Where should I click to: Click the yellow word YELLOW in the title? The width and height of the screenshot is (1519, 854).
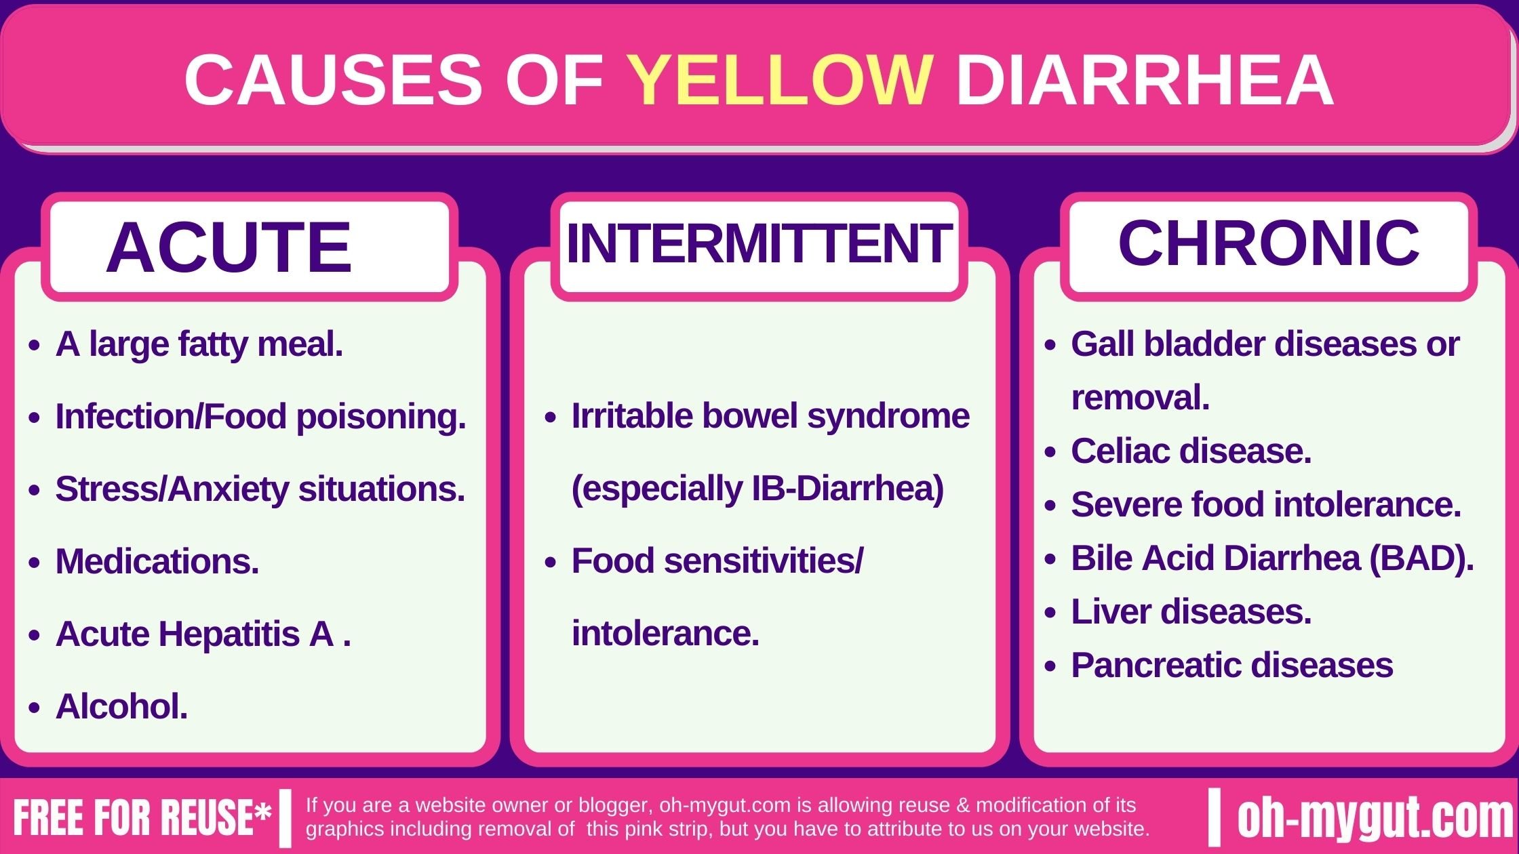779,80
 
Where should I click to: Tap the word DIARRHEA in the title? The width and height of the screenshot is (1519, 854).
1145,80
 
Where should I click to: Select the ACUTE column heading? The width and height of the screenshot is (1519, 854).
229,248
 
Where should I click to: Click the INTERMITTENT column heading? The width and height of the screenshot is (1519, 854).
758,244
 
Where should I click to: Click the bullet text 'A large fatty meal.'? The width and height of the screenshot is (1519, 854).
199,344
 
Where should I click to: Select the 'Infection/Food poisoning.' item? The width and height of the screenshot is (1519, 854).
260,416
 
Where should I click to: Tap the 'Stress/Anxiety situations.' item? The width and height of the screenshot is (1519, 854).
260,489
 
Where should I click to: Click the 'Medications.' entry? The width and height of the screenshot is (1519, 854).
157,561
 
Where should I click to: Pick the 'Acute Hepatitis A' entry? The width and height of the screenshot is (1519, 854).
195,634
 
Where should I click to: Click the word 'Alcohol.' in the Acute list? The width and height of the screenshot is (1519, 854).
121,706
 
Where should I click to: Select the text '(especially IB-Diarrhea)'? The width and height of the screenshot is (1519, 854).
757,489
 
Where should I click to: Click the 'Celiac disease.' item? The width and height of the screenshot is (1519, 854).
1191,451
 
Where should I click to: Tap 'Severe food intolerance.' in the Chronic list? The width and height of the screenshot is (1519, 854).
1265,504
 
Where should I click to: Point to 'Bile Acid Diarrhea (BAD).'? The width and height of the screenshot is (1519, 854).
1272,558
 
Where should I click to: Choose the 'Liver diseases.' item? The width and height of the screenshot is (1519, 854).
1191,611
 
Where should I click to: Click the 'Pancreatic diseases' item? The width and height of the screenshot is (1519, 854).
1231,665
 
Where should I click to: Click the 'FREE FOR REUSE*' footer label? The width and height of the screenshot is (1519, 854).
142,817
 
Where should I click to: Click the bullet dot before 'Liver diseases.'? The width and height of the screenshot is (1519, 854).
1050,613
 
